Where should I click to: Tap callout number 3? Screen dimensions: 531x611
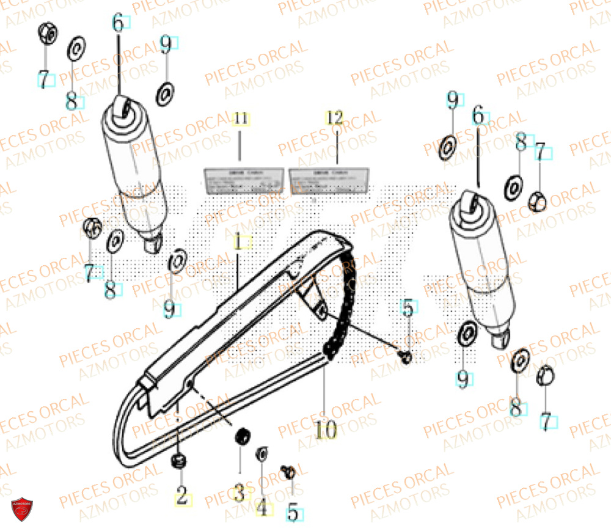(239, 492)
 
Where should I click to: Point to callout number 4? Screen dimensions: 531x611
(262, 507)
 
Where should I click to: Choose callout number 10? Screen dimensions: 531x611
(326, 431)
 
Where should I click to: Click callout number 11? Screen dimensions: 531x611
(241, 119)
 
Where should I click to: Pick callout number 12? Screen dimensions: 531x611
(335, 118)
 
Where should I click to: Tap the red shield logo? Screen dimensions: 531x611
(22, 509)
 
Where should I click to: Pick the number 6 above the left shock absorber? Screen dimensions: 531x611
(118, 23)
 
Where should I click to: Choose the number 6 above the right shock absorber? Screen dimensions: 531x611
(478, 114)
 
